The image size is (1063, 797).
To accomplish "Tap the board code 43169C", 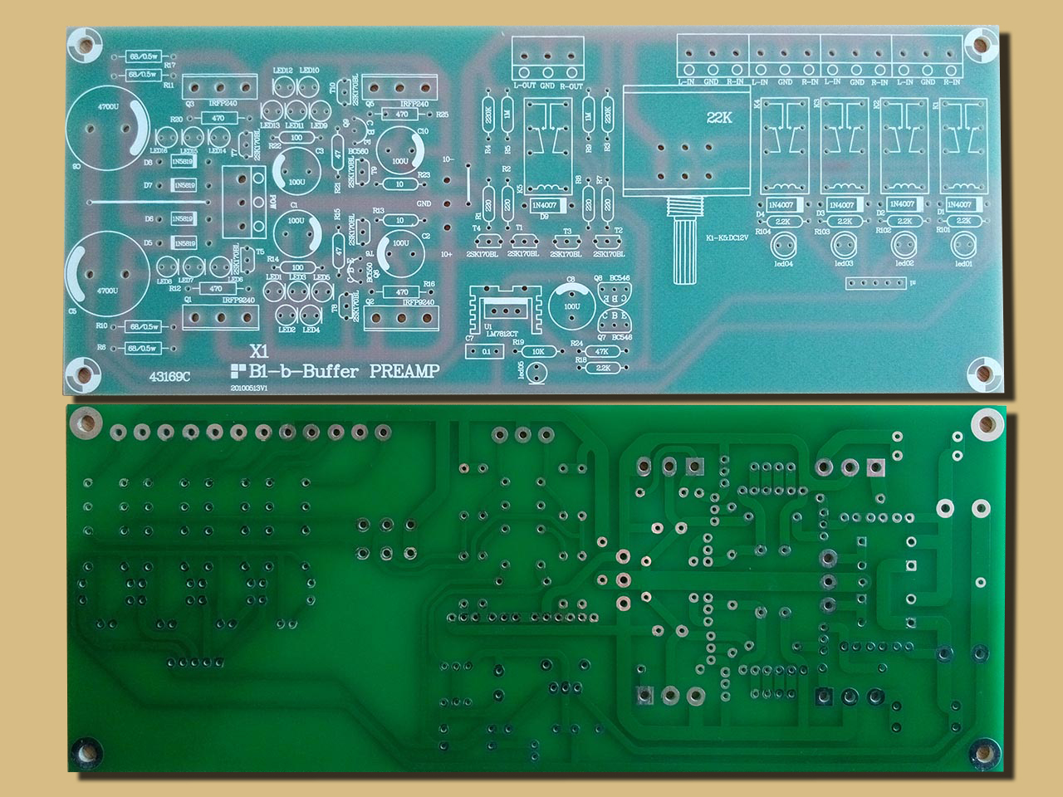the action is [x=169, y=376].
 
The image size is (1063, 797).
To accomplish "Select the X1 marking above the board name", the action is [x=258, y=351].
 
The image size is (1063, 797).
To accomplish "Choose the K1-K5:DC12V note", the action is [x=730, y=238].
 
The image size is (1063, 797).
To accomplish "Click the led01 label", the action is [x=964, y=264].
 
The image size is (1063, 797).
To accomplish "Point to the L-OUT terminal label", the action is [x=524, y=85].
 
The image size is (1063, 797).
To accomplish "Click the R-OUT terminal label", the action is [x=572, y=85].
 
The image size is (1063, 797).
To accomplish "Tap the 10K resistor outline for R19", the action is [x=538, y=351].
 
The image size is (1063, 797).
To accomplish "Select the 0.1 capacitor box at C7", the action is [x=486, y=352].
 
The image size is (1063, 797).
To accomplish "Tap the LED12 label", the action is [x=282, y=71].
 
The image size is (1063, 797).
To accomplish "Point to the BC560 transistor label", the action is [x=358, y=152].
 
